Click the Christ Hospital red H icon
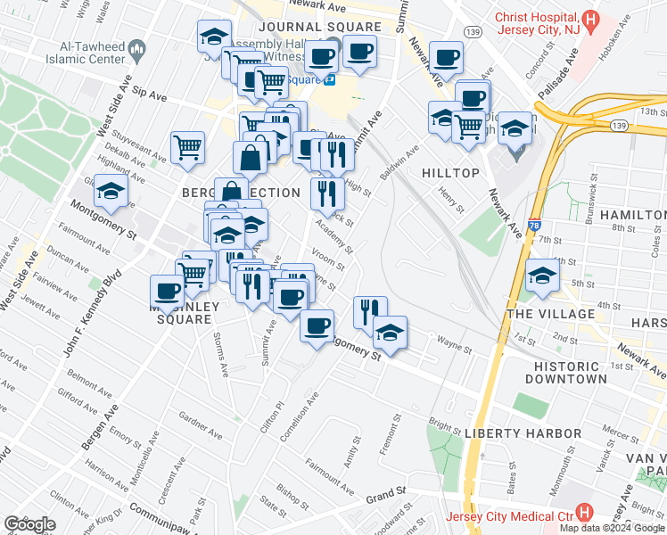[x=589, y=20]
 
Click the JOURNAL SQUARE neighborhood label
[x=307, y=29]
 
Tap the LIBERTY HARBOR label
[x=523, y=433]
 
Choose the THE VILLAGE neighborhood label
[x=550, y=314]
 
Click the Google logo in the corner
[x=29, y=524]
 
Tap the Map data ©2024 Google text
[x=613, y=528]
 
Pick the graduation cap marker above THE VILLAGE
[x=541, y=276]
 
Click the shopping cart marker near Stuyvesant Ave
[x=187, y=147]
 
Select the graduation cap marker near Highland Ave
[x=111, y=192]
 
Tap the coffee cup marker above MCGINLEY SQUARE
[x=167, y=290]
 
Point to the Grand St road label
[x=385, y=491]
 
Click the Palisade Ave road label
[x=556, y=74]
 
